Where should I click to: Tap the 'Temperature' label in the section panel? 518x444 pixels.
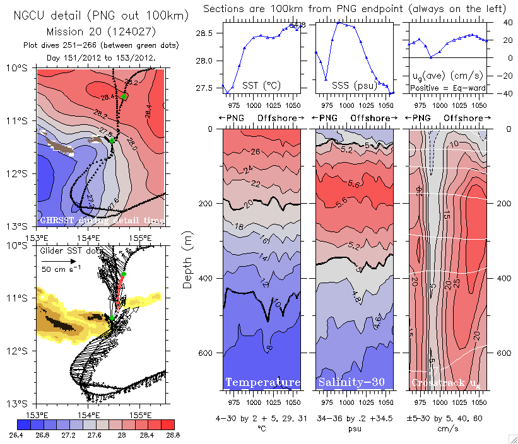(x=262, y=382)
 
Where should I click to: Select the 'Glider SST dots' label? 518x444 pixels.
(x=71, y=250)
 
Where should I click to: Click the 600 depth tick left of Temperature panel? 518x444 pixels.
(x=209, y=353)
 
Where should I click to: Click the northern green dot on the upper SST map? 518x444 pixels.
(x=125, y=96)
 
